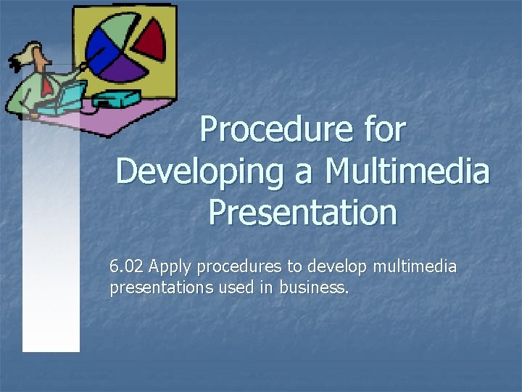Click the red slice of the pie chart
(151, 40)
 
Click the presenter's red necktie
(47, 86)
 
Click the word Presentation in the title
(302, 213)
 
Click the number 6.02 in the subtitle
(126, 267)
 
